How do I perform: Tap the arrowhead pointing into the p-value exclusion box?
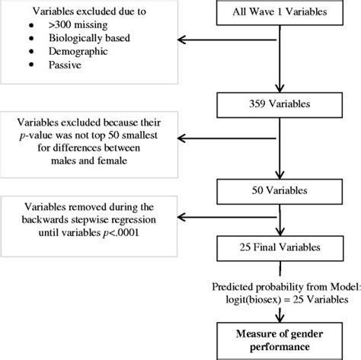tap(180, 139)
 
